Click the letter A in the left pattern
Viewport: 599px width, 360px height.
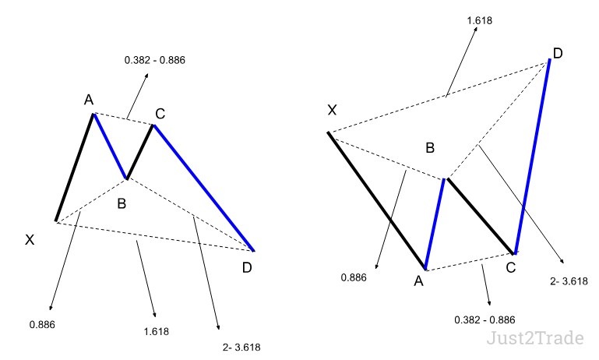click(x=89, y=100)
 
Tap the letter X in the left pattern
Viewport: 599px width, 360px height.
click(x=30, y=240)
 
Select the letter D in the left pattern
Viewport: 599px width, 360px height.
click(x=247, y=268)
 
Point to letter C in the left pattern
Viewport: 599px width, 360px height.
click(x=160, y=114)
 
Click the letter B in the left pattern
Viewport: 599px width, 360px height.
click(x=122, y=203)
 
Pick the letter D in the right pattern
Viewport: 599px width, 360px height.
click(x=558, y=54)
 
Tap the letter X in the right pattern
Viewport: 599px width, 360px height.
click(x=332, y=111)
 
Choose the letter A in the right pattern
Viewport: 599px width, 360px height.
click(x=419, y=281)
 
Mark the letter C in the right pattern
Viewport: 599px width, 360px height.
click(x=511, y=268)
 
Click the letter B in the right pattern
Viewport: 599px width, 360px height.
click(x=430, y=148)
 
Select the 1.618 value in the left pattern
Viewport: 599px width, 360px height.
click(x=157, y=331)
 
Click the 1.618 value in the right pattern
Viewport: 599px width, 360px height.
click(x=479, y=20)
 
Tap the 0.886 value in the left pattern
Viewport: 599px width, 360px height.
click(x=42, y=325)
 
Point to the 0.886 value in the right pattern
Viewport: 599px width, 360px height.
click(x=354, y=278)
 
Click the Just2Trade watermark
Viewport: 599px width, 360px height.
click(x=535, y=338)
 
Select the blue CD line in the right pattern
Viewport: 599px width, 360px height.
click(x=533, y=157)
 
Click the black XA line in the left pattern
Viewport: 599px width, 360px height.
click(x=75, y=168)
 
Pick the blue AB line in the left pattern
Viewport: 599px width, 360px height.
click(x=110, y=146)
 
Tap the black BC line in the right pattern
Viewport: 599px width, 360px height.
click(x=481, y=216)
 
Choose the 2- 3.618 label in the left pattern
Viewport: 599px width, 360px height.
click(x=241, y=348)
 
